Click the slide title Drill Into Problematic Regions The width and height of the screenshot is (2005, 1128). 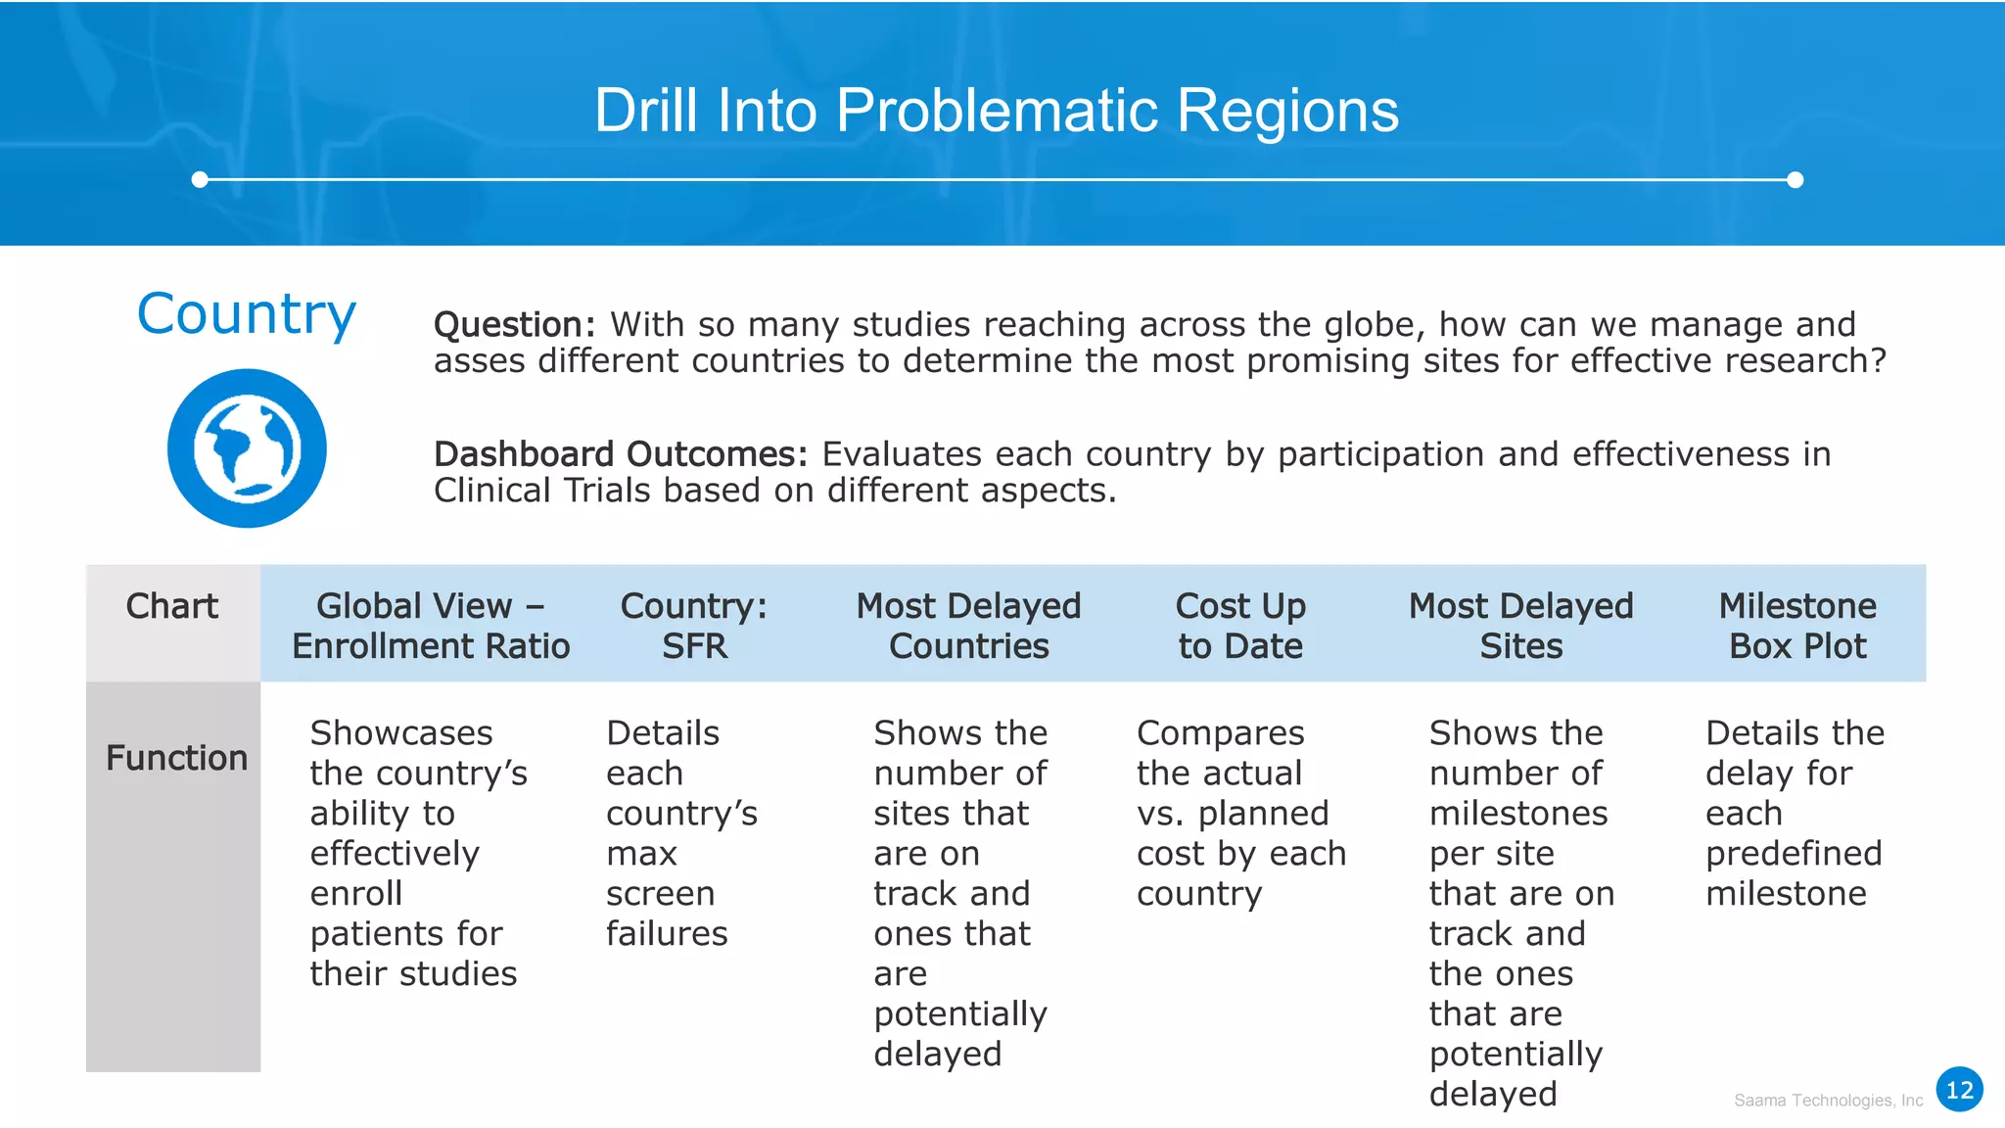[996, 110]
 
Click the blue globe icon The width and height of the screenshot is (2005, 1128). [247, 448]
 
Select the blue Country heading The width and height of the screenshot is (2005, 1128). [247, 314]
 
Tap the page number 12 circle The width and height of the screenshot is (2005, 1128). [1959, 1090]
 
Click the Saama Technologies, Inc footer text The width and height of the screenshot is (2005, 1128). [1828, 1101]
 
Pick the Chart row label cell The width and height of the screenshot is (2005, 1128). [172, 607]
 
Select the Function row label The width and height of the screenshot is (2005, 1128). [176, 758]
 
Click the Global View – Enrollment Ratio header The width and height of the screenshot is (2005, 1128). [431, 626]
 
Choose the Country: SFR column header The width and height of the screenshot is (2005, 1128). [694, 626]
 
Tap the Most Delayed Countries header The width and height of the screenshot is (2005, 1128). [968, 626]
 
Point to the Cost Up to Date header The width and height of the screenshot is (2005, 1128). [1240, 626]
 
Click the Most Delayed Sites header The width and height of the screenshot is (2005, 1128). [1520, 626]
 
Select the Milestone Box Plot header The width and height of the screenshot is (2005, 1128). [1797, 626]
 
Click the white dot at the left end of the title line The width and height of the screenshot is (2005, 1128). [200, 179]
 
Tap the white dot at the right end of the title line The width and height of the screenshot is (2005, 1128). [1795, 179]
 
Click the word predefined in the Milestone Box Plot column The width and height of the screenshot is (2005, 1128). [1794, 854]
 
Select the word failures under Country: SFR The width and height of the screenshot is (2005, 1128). [667, 934]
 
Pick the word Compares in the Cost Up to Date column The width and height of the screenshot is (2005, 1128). [1220, 733]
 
